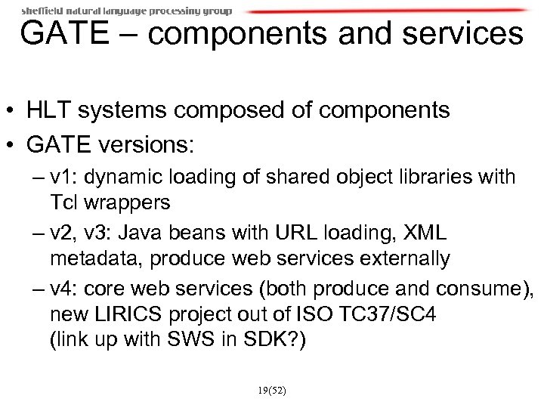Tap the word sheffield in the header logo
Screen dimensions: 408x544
click(x=42, y=11)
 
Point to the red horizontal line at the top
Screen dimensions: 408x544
click(x=385, y=11)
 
